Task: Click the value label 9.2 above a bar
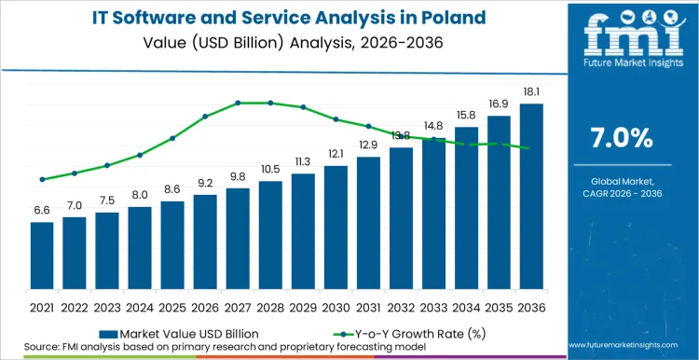pyautogui.click(x=205, y=183)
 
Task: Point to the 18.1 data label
pyautogui.click(x=531, y=92)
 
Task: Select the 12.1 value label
pyautogui.click(x=336, y=154)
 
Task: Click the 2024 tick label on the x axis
pyautogui.click(x=140, y=307)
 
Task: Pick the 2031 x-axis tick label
pyautogui.click(x=368, y=307)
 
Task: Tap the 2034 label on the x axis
pyautogui.click(x=466, y=307)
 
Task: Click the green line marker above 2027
pyautogui.click(x=238, y=103)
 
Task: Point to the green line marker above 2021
pyautogui.click(x=42, y=179)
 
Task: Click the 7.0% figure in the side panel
pyautogui.click(x=623, y=137)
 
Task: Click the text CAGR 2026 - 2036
pyautogui.click(x=623, y=194)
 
